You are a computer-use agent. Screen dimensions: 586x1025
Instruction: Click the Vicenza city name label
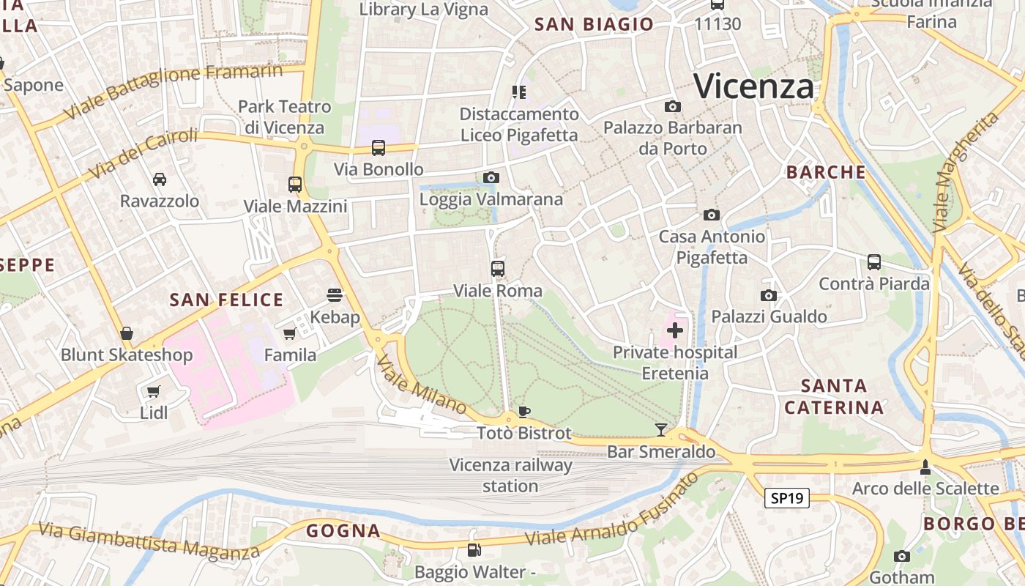tap(753, 86)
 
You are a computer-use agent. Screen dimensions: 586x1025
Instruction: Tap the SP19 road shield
tap(787, 498)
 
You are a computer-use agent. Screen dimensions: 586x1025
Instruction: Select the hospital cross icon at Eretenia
tap(675, 330)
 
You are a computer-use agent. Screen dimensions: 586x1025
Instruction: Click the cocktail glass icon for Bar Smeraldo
tap(661, 429)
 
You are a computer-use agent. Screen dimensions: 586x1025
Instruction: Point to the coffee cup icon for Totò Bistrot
tap(523, 411)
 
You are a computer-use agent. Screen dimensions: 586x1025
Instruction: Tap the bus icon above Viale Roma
tap(498, 269)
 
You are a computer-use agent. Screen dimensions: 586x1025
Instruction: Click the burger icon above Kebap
tap(335, 295)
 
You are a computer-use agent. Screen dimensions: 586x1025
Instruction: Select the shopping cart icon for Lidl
tap(153, 391)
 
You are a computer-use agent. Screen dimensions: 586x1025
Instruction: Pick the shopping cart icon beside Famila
tap(290, 333)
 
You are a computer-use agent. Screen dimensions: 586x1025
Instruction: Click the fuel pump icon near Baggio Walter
tap(474, 549)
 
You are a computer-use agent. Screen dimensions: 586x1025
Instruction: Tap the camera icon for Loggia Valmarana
tap(491, 177)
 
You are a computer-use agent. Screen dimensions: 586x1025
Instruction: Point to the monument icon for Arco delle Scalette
tap(925, 467)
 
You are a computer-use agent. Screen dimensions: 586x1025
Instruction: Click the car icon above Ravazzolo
tap(159, 179)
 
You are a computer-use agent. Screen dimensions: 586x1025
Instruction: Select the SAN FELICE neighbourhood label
tap(226, 300)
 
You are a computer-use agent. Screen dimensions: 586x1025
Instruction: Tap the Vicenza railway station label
tap(510, 475)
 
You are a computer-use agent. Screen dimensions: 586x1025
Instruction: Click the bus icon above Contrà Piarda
tap(873, 262)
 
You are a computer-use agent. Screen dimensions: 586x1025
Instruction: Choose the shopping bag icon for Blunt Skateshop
tap(127, 333)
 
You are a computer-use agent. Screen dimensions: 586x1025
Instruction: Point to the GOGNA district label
tap(343, 530)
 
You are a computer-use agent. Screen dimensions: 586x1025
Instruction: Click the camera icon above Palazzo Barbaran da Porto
tap(672, 107)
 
